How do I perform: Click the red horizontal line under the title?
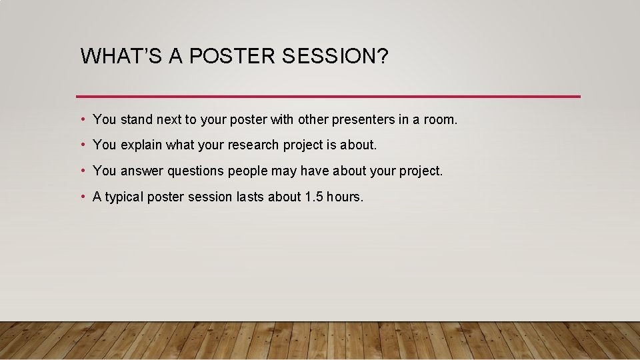[328, 97]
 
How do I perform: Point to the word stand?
[136, 119]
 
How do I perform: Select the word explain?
[141, 145]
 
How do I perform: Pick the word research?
[251, 145]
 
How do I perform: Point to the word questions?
[196, 171]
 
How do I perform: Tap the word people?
[247, 171]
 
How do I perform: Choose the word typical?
[124, 197]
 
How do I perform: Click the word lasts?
[251, 197]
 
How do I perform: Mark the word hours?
[345, 197]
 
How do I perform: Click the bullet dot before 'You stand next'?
[82, 119]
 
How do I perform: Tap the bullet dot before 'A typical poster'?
[82, 197]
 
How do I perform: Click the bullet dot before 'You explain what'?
[82, 145]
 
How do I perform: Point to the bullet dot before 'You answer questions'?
[82, 171]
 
